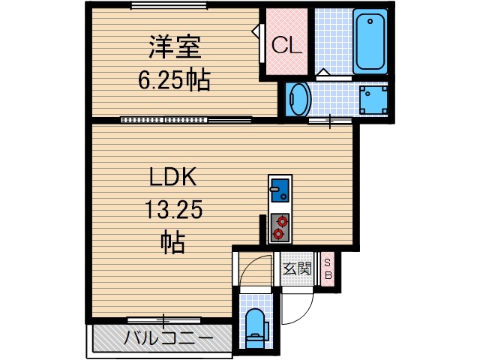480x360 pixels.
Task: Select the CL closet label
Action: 286,46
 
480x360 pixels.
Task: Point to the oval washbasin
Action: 298,99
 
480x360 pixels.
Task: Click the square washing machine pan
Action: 372,99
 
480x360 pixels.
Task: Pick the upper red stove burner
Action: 281,220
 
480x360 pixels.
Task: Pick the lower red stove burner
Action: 279,234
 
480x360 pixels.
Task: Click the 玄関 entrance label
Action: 297,268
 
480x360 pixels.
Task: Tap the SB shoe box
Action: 328,268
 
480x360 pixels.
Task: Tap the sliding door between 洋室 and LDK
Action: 184,119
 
